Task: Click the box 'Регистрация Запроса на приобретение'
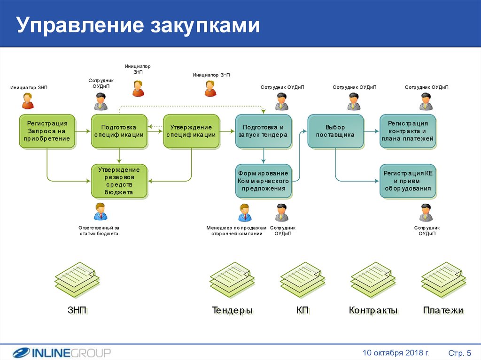(47, 131)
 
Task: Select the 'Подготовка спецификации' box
(119, 131)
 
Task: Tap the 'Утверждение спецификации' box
(192, 131)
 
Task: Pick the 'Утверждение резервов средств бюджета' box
(119, 181)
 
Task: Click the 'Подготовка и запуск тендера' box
(264, 131)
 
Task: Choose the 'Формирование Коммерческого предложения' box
(264, 181)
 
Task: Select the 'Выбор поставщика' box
(335, 131)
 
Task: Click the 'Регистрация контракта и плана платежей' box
(408, 131)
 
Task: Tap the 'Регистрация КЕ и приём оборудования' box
(408, 181)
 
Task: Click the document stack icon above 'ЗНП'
(78, 280)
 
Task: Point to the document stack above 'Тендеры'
(232, 280)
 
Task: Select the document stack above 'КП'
(303, 280)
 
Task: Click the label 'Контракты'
(373, 310)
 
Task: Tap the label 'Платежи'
(443, 310)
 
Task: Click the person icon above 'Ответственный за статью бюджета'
(101, 212)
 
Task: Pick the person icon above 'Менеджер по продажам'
(244, 212)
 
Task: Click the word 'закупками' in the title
(205, 25)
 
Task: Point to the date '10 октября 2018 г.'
(396, 352)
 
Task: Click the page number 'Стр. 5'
(459, 353)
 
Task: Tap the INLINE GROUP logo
(62, 352)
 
